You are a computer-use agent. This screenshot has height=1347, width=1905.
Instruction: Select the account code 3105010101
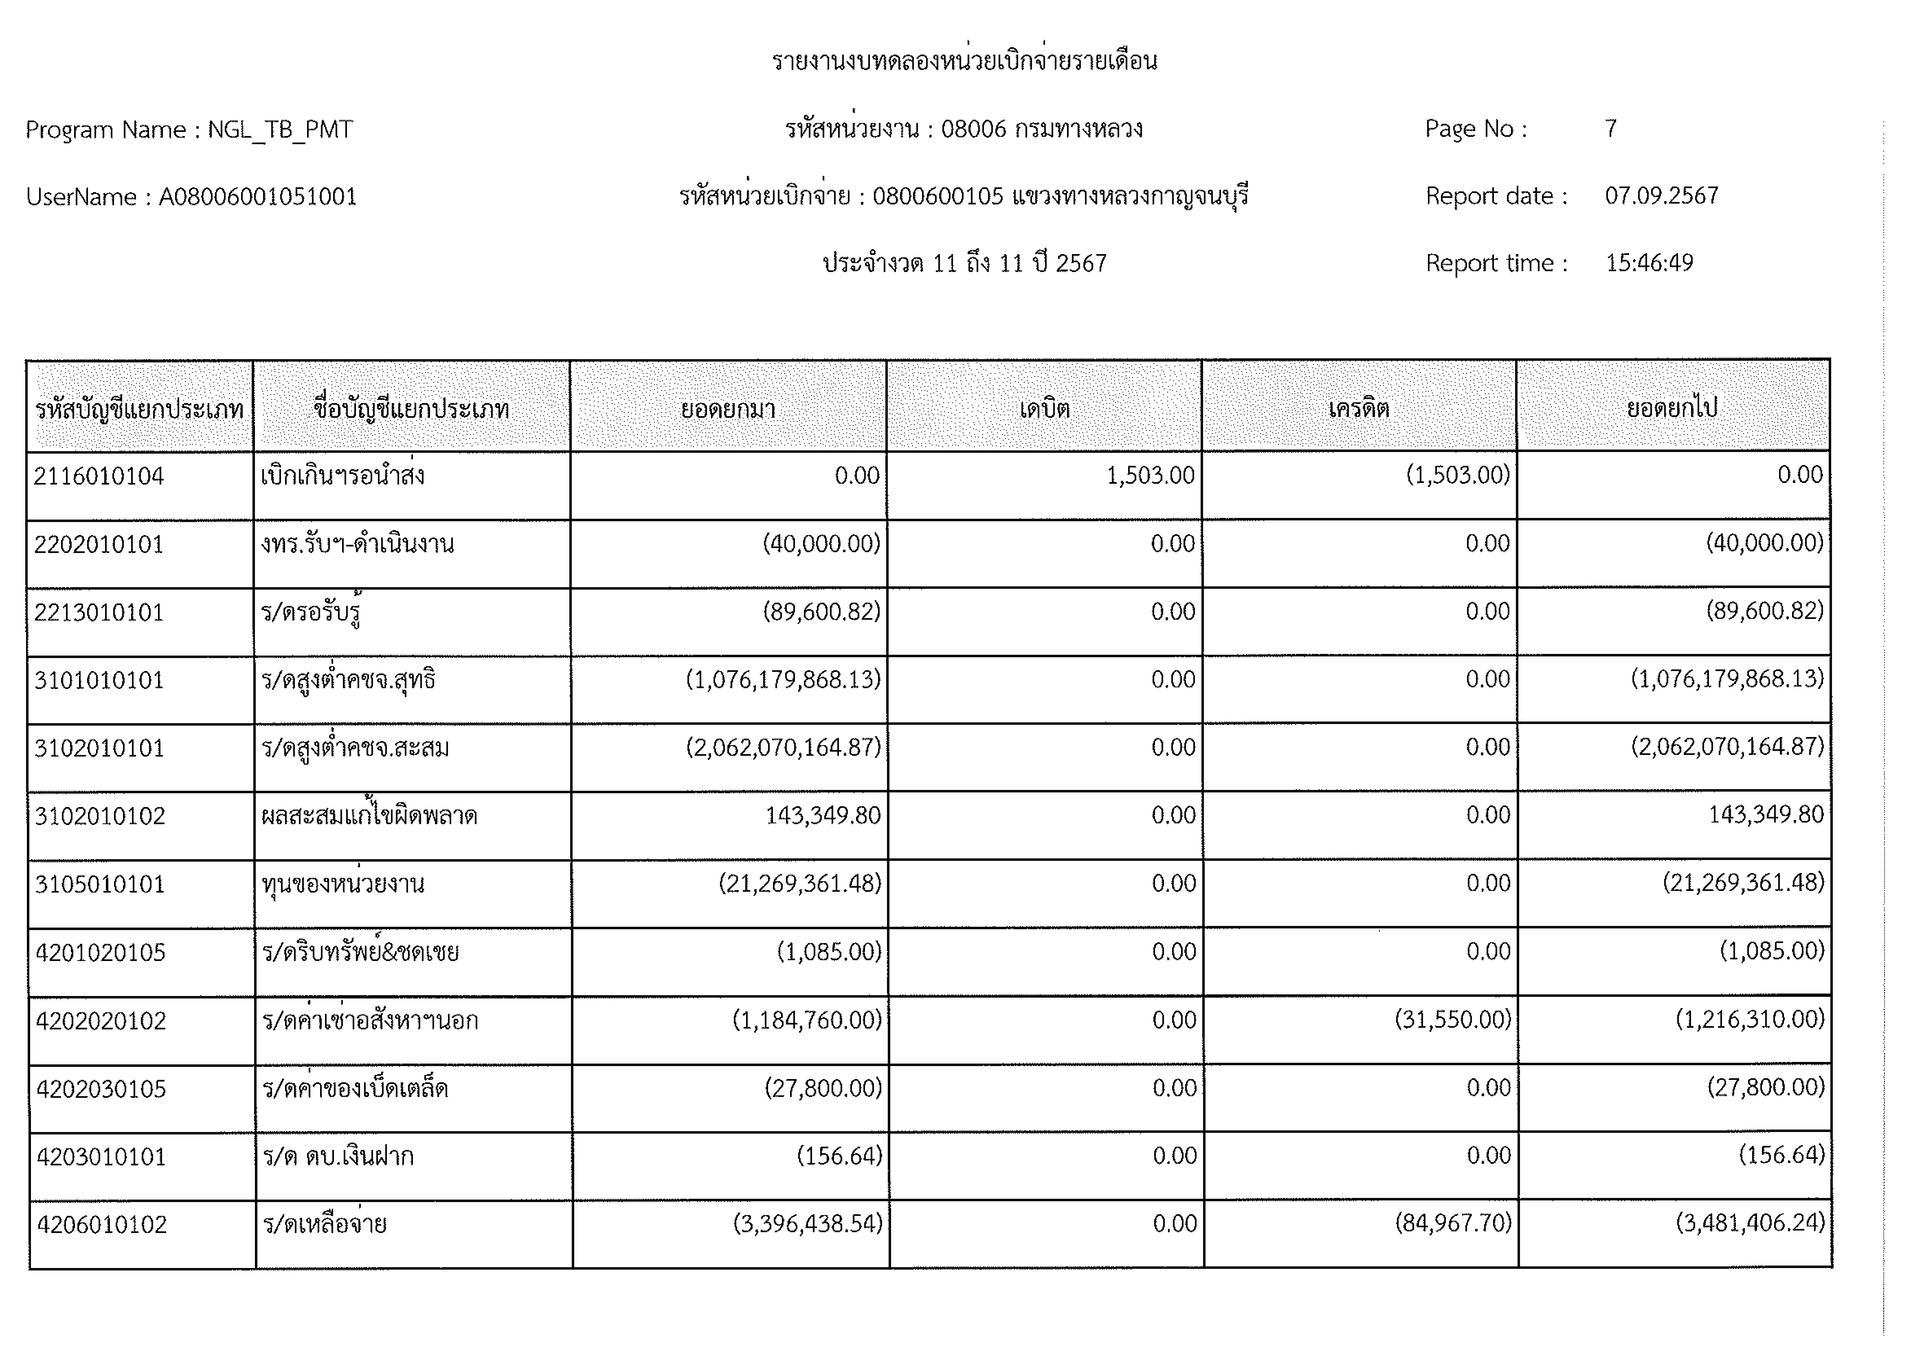click(100, 884)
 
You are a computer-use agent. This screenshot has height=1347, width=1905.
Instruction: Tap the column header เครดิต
click(1358, 408)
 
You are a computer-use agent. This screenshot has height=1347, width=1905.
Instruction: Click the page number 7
click(1610, 129)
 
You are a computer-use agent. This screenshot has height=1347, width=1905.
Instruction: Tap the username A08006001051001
click(258, 197)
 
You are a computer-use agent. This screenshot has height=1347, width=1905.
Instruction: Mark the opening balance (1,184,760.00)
click(807, 1019)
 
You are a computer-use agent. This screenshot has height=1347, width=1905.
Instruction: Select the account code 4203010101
click(101, 1156)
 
